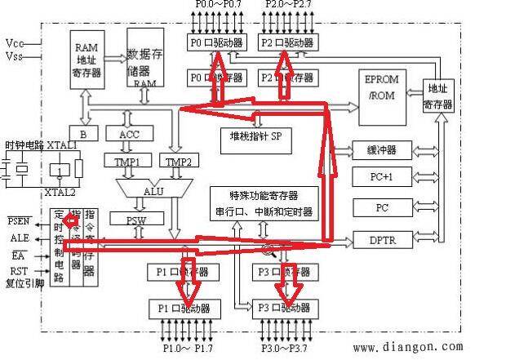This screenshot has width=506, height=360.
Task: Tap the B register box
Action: (83, 134)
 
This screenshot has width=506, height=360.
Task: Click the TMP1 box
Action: (126, 162)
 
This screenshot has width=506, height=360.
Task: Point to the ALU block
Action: (152, 190)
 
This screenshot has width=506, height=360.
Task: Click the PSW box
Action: (136, 219)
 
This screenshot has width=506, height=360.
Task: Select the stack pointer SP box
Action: (255, 135)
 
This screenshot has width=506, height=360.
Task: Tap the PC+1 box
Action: (382, 176)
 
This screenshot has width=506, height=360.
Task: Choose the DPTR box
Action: (382, 240)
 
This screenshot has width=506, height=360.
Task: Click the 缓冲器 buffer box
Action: (382, 150)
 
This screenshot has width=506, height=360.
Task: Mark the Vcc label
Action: (15, 42)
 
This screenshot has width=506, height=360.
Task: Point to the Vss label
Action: (15, 56)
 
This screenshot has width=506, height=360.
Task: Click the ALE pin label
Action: (20, 238)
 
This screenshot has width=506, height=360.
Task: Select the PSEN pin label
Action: (20, 221)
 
